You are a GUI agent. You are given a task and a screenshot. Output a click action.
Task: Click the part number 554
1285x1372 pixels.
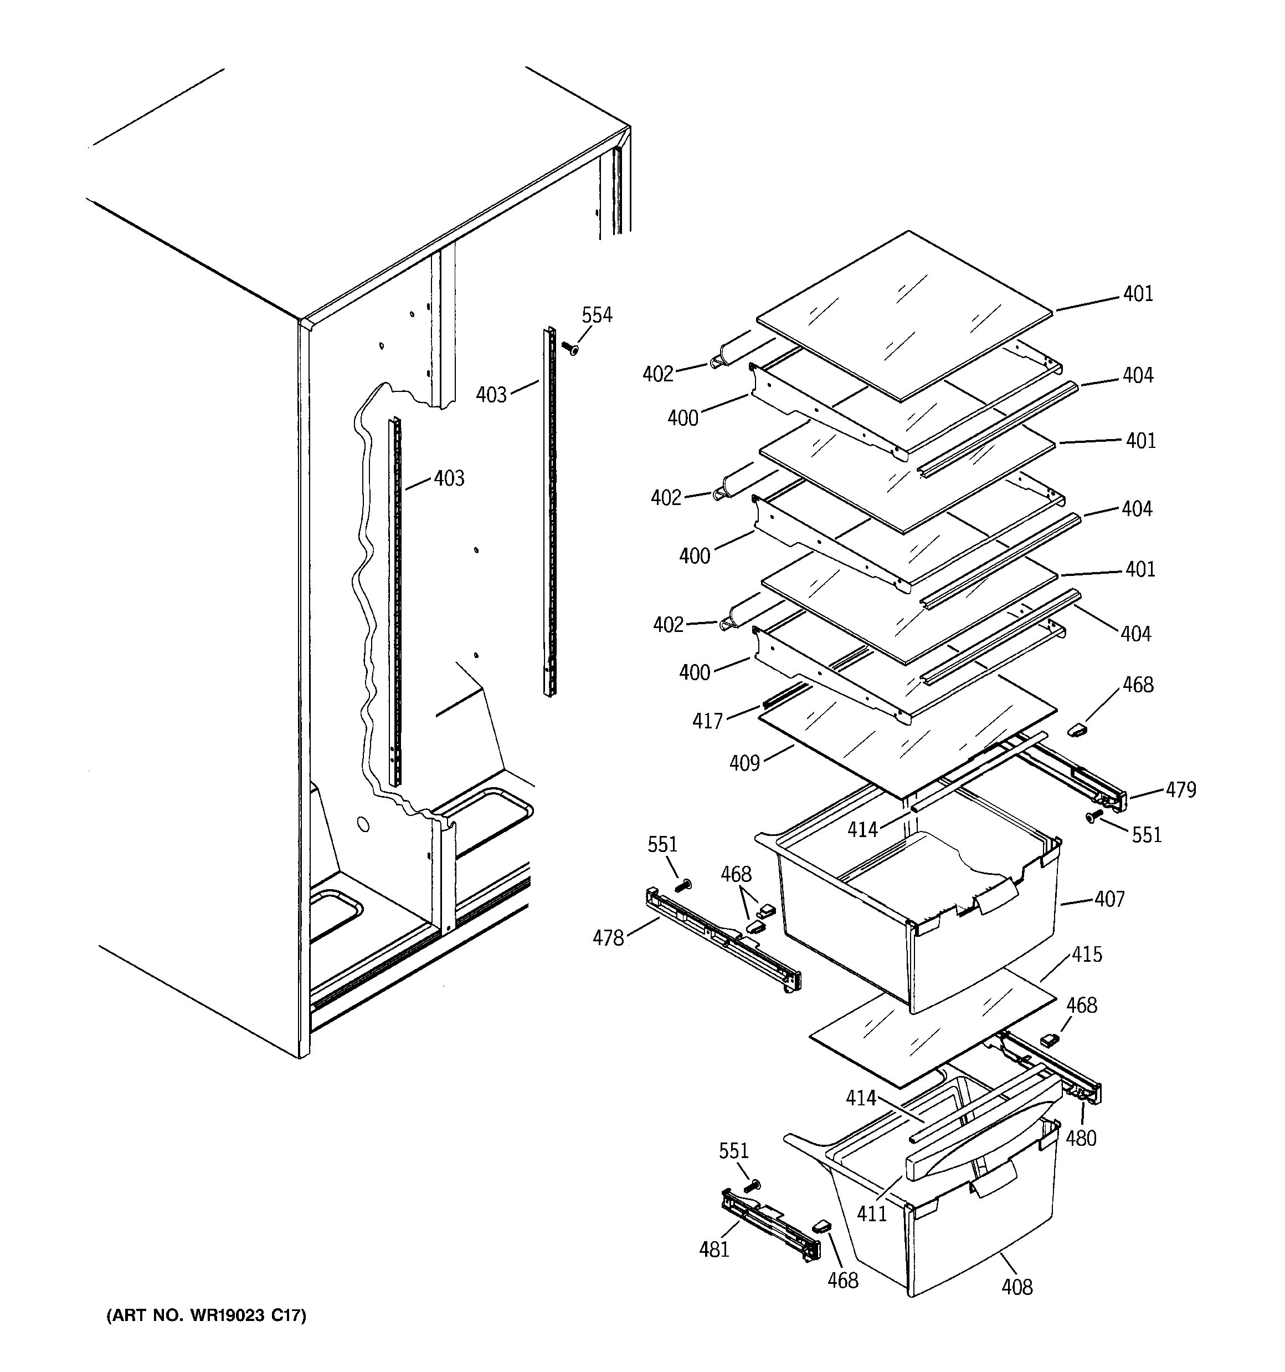pyautogui.click(x=597, y=315)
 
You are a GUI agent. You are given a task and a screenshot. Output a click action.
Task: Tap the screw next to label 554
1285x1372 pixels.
pyautogui.click(x=570, y=349)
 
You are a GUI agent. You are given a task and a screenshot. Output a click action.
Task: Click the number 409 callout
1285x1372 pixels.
pyautogui.click(x=744, y=763)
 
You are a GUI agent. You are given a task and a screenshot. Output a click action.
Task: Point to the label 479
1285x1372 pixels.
pyautogui.click(x=1181, y=789)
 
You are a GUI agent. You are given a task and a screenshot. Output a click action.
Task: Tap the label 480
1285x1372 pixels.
pyautogui.click(x=1081, y=1139)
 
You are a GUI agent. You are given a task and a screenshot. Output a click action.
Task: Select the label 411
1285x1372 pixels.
pyautogui.click(x=872, y=1214)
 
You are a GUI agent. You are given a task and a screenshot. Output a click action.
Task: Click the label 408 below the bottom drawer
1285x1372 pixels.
pyautogui.click(x=1017, y=1287)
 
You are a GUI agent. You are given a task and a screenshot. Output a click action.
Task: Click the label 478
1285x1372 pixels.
pyautogui.click(x=608, y=938)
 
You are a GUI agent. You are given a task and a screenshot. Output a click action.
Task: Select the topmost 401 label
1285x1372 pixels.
pyautogui.click(x=1138, y=294)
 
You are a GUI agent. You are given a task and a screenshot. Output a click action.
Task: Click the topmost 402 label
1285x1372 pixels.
pyautogui.click(x=657, y=374)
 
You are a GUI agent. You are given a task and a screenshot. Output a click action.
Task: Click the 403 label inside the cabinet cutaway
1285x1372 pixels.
pyautogui.click(x=449, y=478)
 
